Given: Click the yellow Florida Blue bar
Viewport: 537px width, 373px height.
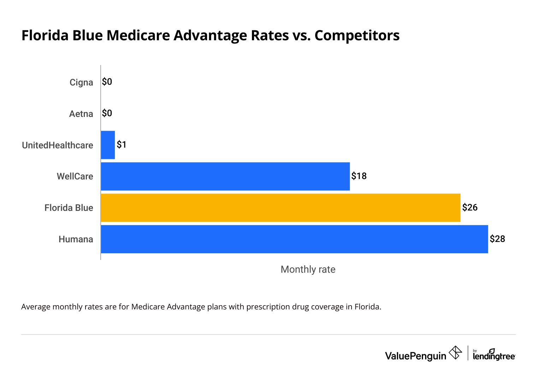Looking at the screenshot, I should click(281, 208).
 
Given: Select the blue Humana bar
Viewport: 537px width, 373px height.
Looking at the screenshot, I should click(294, 239).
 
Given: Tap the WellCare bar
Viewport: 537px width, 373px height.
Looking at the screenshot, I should click(225, 176).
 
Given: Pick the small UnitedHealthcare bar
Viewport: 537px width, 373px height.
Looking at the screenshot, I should click(108, 145).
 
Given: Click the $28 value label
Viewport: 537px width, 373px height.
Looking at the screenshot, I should click(497, 239).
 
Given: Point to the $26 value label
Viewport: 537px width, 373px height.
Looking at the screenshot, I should click(470, 208).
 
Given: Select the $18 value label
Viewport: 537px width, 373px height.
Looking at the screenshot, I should click(359, 176).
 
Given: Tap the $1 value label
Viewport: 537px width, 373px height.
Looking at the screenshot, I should click(122, 145).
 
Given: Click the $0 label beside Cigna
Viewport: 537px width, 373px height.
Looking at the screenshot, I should click(107, 82).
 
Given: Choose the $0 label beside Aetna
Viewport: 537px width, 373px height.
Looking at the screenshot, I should click(107, 113).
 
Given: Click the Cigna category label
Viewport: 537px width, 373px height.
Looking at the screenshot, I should click(81, 82).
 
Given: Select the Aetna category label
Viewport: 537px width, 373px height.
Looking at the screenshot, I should click(81, 114).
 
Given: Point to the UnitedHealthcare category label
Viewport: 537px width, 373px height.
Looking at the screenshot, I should click(58, 145).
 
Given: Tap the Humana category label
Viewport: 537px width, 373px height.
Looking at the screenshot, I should click(76, 239).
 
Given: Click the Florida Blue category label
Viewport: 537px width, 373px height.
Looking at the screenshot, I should click(69, 208).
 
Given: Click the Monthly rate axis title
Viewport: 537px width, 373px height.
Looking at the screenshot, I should click(308, 270).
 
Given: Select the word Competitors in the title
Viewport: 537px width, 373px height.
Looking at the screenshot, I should click(357, 36).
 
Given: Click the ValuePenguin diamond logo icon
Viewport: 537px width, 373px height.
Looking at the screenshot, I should click(455, 353).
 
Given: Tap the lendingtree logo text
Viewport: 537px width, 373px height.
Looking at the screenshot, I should click(494, 356).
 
